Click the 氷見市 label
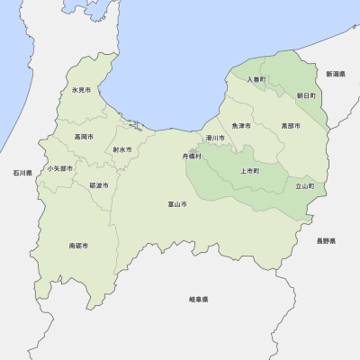click(81, 90)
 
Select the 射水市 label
click(122, 150)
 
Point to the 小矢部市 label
click(60, 168)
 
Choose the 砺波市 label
click(99, 185)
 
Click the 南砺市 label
click(78, 245)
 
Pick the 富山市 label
click(177, 204)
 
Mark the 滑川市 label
click(214, 138)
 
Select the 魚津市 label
click(241, 126)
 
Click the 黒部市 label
click(291, 126)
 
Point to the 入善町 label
click(258, 79)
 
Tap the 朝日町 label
click(306, 94)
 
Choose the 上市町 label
click(249, 171)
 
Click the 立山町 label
click(305, 186)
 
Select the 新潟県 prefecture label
click(336, 74)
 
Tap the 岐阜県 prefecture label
click(199, 299)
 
